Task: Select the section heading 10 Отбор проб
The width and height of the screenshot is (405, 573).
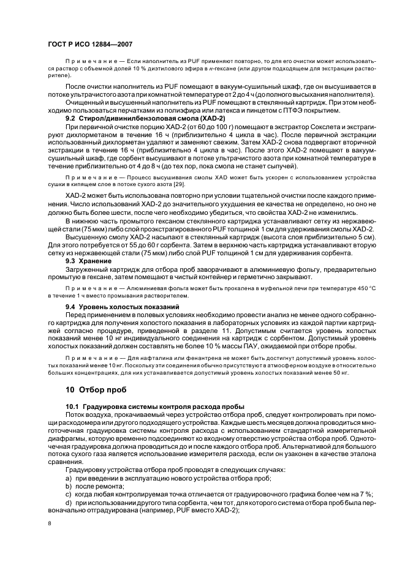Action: click(x=97, y=388)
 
